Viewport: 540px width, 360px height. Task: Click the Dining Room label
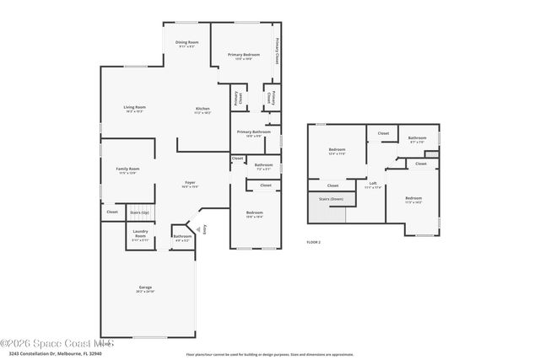186,42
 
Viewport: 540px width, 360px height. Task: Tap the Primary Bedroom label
243,55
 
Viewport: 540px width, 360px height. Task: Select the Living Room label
135,107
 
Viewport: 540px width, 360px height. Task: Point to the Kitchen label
202,109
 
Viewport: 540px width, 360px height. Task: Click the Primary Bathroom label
253,132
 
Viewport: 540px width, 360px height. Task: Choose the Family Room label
127,169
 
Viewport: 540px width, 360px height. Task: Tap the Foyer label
192,183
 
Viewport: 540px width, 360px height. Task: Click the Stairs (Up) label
140,212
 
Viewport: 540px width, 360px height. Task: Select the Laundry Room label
140,233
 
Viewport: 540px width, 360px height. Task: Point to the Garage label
145,288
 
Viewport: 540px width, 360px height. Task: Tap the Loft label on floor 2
373,183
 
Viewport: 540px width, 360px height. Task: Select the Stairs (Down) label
331,199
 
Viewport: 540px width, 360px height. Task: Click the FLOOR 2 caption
313,242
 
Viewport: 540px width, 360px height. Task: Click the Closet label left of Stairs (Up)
112,212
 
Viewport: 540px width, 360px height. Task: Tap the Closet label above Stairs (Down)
332,185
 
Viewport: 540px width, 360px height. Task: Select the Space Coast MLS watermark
57,343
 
